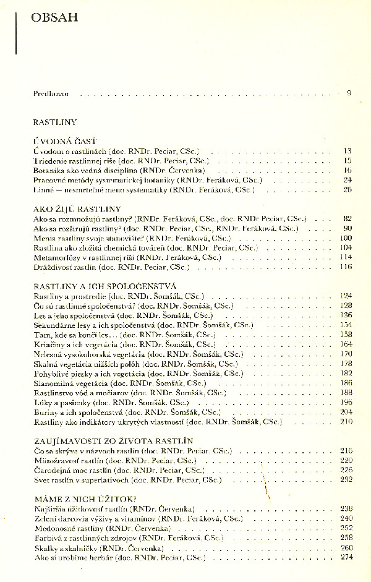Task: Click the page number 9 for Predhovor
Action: [x=349, y=93]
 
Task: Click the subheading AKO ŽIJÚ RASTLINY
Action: [x=77, y=209]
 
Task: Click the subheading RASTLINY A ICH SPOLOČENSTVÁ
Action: [x=96, y=286]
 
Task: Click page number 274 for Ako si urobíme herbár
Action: [x=346, y=557]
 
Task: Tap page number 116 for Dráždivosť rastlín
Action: [x=346, y=266]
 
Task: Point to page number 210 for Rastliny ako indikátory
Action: [x=346, y=421]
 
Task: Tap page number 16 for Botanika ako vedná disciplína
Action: [x=348, y=169]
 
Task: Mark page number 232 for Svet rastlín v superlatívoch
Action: [x=346, y=479]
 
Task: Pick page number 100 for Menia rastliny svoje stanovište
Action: [x=346, y=238]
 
